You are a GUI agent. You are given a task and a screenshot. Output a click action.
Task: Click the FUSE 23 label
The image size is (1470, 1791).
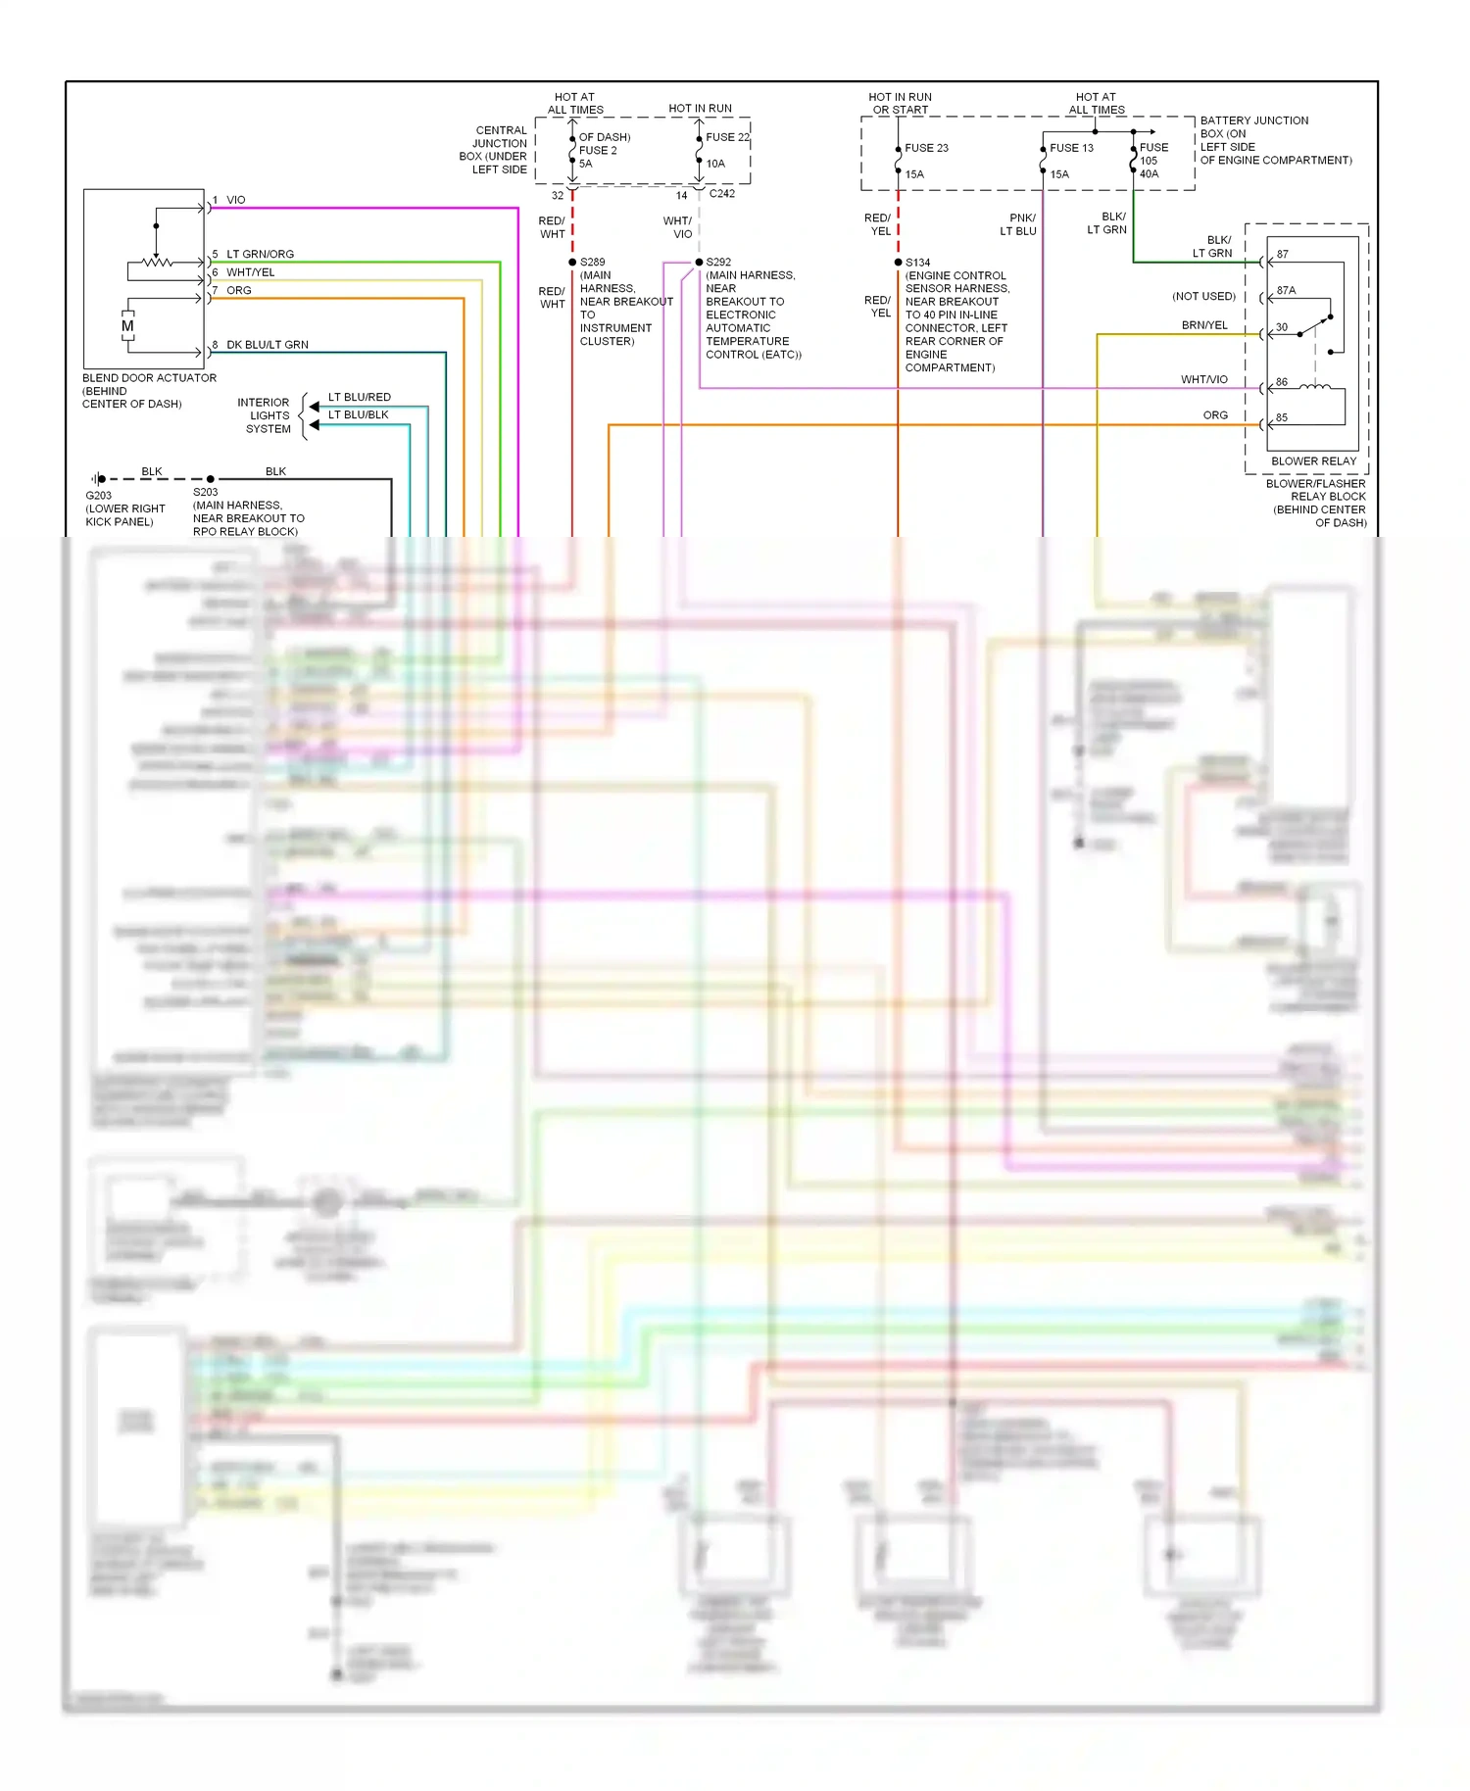[x=926, y=148]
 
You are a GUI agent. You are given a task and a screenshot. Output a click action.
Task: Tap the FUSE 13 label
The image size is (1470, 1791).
[x=1071, y=148]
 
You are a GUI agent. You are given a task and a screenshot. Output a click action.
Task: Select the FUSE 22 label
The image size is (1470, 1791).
[x=727, y=137]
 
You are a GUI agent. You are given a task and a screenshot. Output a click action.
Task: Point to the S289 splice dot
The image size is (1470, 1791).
[x=572, y=263]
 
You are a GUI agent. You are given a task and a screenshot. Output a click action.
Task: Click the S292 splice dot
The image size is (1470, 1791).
[x=699, y=263]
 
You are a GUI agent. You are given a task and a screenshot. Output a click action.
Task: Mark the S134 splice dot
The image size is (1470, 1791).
[x=898, y=263]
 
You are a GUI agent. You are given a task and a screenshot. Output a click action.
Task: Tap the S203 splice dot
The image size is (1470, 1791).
[x=211, y=479]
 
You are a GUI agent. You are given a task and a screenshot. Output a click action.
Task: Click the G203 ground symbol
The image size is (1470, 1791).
[x=98, y=479]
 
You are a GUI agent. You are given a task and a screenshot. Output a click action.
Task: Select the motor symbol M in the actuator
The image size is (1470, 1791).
[x=127, y=326]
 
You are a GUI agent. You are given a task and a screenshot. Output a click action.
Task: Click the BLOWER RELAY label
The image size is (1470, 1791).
[x=1313, y=461]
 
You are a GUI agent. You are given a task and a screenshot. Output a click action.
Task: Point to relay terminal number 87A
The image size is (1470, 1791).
[x=1286, y=291]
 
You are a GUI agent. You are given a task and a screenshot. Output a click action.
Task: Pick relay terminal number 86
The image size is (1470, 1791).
[x=1282, y=382]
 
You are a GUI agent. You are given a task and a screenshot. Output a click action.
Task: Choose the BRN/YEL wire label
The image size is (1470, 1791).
[x=1204, y=325]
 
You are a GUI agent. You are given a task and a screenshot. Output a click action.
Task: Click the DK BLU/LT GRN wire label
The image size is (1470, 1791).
[x=267, y=345]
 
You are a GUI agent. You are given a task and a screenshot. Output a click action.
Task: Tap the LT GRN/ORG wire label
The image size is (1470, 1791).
[x=260, y=255]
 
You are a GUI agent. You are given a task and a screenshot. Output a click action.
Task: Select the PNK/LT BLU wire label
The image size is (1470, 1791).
[x=1018, y=224]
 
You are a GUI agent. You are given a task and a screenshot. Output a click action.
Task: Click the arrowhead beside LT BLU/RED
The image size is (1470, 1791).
[x=314, y=407]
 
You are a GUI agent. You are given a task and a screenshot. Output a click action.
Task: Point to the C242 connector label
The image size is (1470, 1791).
[x=722, y=194]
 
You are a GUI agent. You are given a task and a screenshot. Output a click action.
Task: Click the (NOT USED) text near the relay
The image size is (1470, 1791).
[x=1203, y=296]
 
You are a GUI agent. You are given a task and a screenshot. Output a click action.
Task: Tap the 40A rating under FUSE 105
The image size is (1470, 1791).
[x=1149, y=174]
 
